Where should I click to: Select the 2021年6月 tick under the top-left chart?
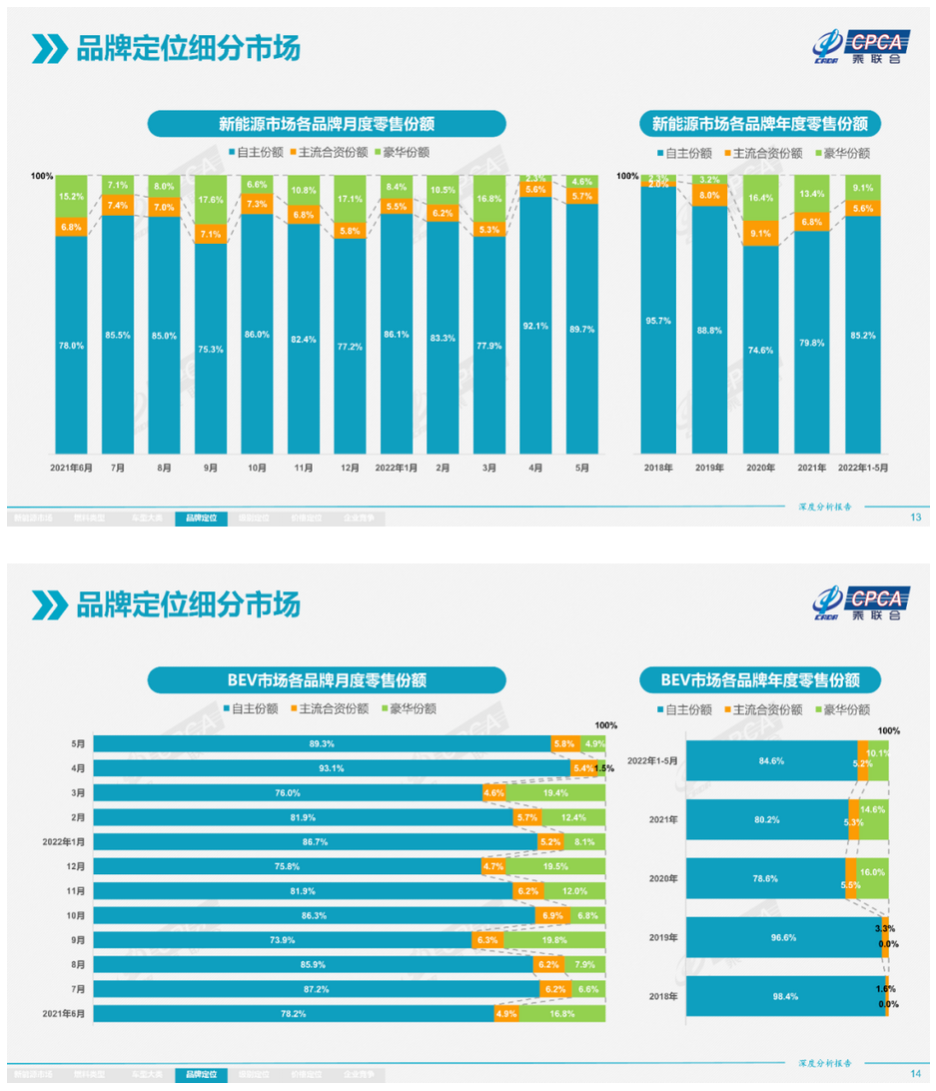71,467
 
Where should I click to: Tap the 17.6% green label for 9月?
210,199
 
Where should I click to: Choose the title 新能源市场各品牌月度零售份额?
327,124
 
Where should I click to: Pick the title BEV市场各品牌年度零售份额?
760,679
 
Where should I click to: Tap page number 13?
915,518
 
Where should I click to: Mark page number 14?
915,1074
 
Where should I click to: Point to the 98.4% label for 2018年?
770,997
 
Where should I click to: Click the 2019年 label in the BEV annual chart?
663,938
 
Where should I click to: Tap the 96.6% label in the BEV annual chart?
770,937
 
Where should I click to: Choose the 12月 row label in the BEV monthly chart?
75,866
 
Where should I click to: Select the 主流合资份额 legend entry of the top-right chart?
761,153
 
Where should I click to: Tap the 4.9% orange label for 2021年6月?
505,1013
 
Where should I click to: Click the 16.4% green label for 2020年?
761,198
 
